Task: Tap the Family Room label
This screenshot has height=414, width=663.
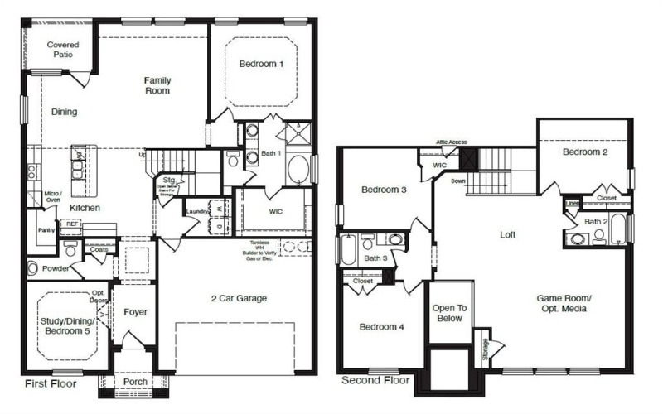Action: (x=157, y=85)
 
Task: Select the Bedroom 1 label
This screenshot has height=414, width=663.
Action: (x=261, y=64)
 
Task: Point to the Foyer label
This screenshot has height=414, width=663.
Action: (x=135, y=312)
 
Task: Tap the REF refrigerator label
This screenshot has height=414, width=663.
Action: (x=73, y=224)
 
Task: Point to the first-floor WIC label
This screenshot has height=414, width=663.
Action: (x=276, y=212)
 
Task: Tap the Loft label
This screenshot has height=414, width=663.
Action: (x=508, y=234)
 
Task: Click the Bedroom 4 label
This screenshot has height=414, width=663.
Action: (x=381, y=327)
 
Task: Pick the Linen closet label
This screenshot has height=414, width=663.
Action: (x=572, y=203)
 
